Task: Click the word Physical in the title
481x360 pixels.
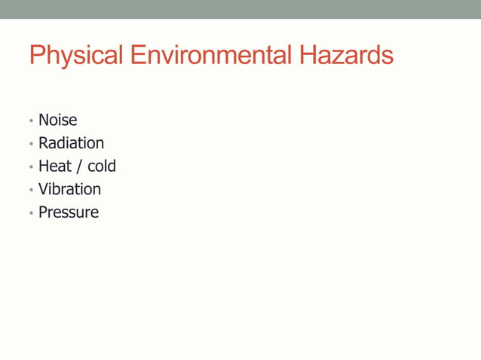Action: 76,56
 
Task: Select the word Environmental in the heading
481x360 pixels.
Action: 210,56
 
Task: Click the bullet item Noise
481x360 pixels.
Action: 58,121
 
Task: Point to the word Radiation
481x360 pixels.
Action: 72,143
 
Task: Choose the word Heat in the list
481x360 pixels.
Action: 55,166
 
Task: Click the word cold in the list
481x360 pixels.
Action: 102,166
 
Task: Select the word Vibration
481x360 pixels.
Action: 69,189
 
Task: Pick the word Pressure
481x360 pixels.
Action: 69,212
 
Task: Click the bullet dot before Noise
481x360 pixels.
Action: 31,121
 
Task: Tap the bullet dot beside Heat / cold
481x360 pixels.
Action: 31,167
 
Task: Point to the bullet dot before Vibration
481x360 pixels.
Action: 31,191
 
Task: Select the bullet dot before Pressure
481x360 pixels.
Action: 31,213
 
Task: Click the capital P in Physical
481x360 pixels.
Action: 37,56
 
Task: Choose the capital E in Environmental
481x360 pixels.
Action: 137,56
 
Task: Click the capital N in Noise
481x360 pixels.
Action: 44,121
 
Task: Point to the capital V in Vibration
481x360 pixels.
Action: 44,189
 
